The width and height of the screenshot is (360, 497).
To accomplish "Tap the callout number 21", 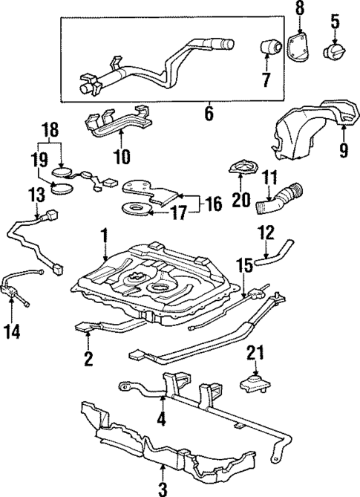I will coord(255,355).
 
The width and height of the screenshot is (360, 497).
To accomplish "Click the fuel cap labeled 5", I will coord(334,53).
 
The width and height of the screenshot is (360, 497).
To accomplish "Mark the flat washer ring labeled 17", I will coord(135,209).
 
